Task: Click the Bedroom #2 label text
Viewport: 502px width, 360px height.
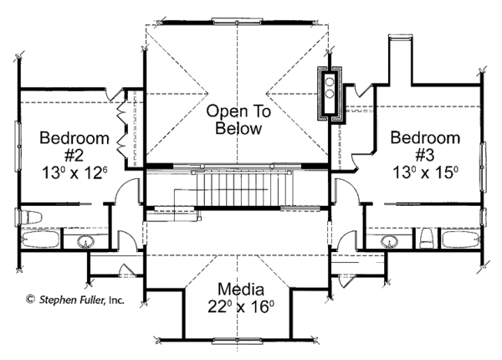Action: click(x=74, y=147)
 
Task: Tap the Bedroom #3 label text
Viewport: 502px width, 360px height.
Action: click(x=425, y=147)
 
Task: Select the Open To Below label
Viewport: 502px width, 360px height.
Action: click(x=238, y=120)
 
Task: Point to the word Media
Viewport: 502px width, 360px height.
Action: click(x=241, y=289)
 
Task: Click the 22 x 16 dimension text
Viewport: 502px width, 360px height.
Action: click(x=241, y=306)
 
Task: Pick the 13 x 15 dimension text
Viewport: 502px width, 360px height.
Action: click(x=425, y=173)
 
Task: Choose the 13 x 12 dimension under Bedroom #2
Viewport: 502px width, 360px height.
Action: click(x=74, y=173)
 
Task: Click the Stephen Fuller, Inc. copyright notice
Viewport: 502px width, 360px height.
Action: click(x=75, y=300)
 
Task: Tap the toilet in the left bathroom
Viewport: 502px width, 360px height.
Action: click(x=29, y=217)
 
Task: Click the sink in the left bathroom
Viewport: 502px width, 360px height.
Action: click(x=85, y=241)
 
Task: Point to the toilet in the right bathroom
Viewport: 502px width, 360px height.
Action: click(x=426, y=239)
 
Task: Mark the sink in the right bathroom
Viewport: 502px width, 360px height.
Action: click(x=389, y=241)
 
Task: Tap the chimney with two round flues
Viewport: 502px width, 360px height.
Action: click(x=330, y=94)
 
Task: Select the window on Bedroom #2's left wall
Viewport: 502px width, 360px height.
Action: click(x=18, y=147)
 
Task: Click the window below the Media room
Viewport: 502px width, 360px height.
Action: click(x=238, y=342)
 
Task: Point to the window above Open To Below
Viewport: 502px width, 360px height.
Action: click(x=237, y=22)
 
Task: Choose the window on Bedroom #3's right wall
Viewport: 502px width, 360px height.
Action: click(x=482, y=167)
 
